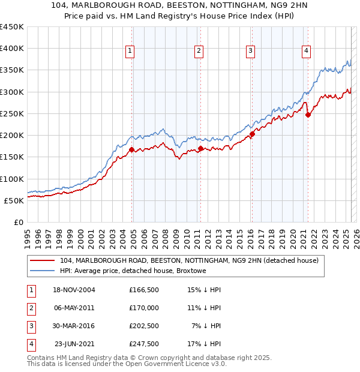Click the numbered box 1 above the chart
coord(130,52)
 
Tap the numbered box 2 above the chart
coord(198,52)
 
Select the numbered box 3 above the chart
coord(250,52)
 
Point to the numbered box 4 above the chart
coord(306,52)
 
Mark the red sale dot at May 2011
coord(200,148)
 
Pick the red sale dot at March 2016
coord(253,134)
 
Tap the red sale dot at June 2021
coord(308,115)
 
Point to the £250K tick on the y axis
coord(12,113)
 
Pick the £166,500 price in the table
coord(144,290)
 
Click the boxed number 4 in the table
coord(30,344)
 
